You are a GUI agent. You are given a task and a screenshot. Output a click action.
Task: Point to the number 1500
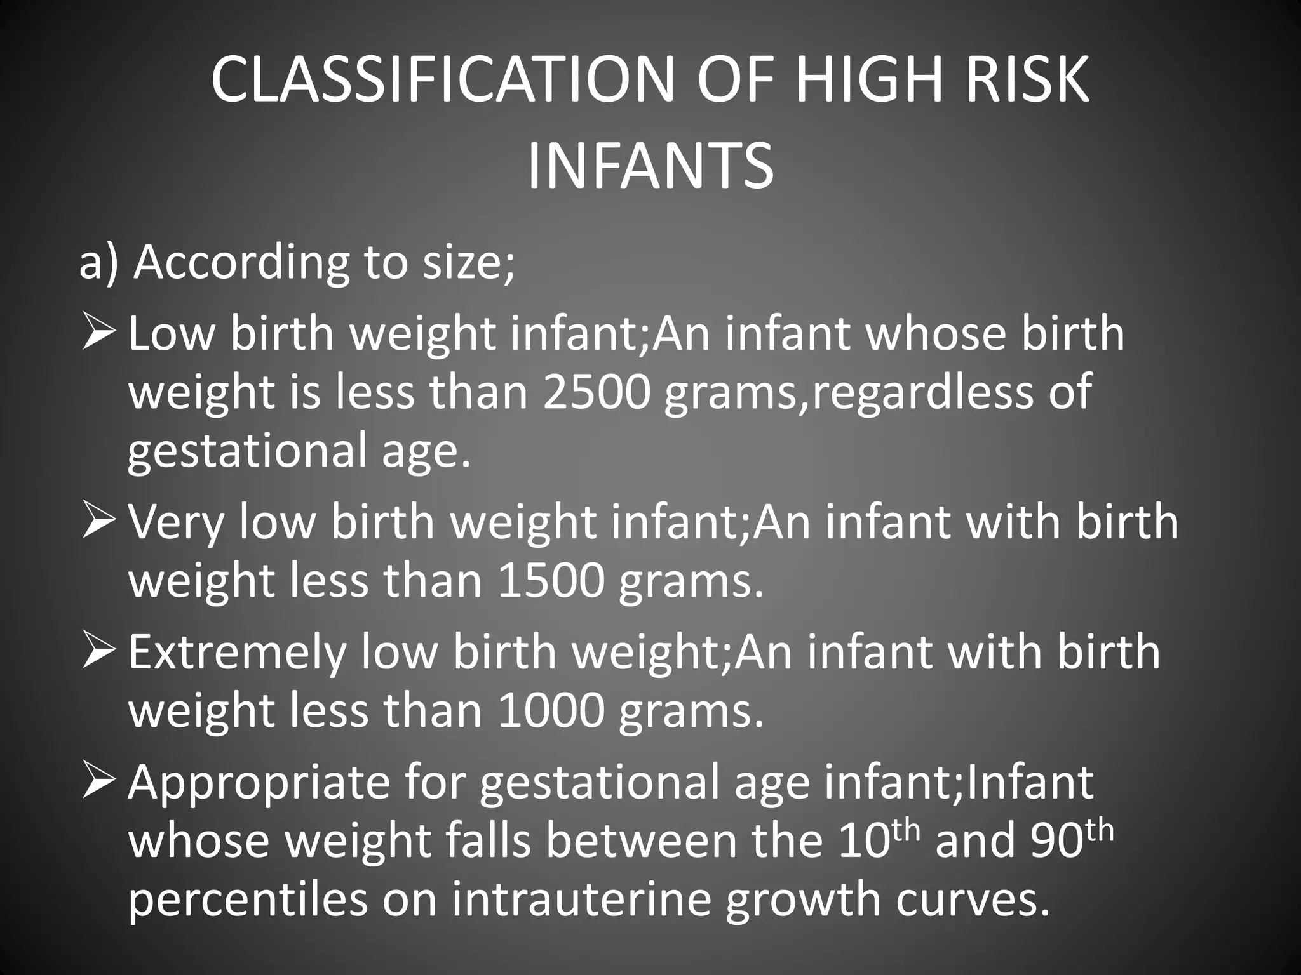(551, 581)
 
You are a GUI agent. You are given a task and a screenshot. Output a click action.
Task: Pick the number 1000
(551, 710)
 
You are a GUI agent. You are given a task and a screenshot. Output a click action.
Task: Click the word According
(242, 262)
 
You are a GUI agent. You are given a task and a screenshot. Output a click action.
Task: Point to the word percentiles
(248, 899)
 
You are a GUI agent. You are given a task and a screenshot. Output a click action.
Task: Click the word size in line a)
(464, 262)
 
